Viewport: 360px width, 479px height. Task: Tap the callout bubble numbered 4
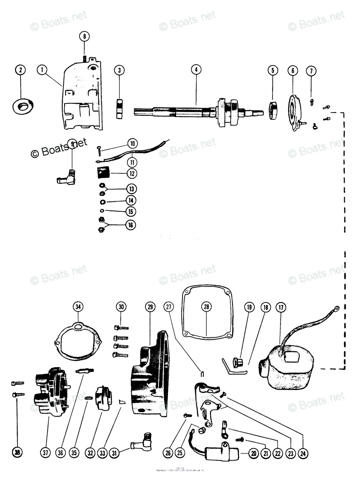[x=196, y=70]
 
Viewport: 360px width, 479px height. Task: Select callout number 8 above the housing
[x=84, y=36]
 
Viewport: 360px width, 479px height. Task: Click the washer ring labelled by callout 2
[x=22, y=106]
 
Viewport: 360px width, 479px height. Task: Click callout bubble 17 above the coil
[x=281, y=307]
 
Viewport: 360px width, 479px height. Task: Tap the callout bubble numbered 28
[x=206, y=307]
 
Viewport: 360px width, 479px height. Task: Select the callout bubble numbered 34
[x=78, y=307]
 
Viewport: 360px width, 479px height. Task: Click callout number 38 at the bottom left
[x=18, y=453]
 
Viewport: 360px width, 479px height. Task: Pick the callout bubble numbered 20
[x=253, y=453]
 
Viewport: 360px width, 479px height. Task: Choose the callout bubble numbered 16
[x=130, y=225]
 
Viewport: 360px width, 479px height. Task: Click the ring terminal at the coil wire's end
[x=336, y=308]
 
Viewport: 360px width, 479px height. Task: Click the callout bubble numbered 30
[x=121, y=307]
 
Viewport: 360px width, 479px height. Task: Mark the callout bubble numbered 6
[x=293, y=71]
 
